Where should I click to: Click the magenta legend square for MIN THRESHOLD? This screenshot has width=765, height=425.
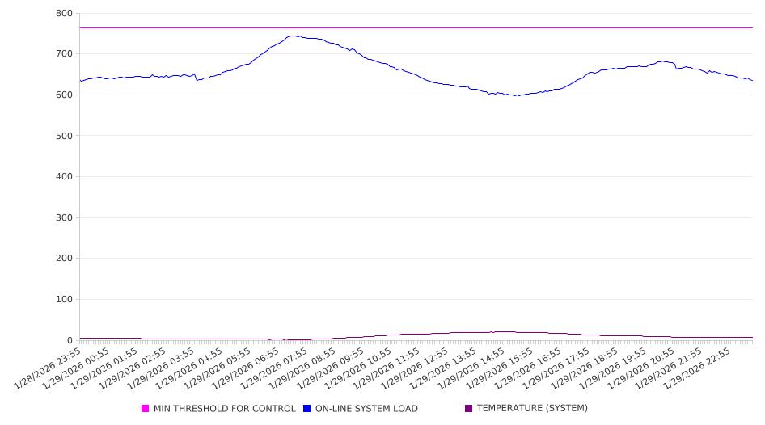click(146, 409)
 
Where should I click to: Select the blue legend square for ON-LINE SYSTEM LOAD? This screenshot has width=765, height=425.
click(307, 409)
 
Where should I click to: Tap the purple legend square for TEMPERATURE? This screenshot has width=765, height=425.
click(469, 409)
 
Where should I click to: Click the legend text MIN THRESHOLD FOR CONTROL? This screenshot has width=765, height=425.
click(225, 409)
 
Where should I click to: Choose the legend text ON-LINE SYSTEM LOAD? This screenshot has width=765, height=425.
click(366, 409)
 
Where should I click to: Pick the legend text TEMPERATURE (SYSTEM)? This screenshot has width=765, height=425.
click(532, 409)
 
